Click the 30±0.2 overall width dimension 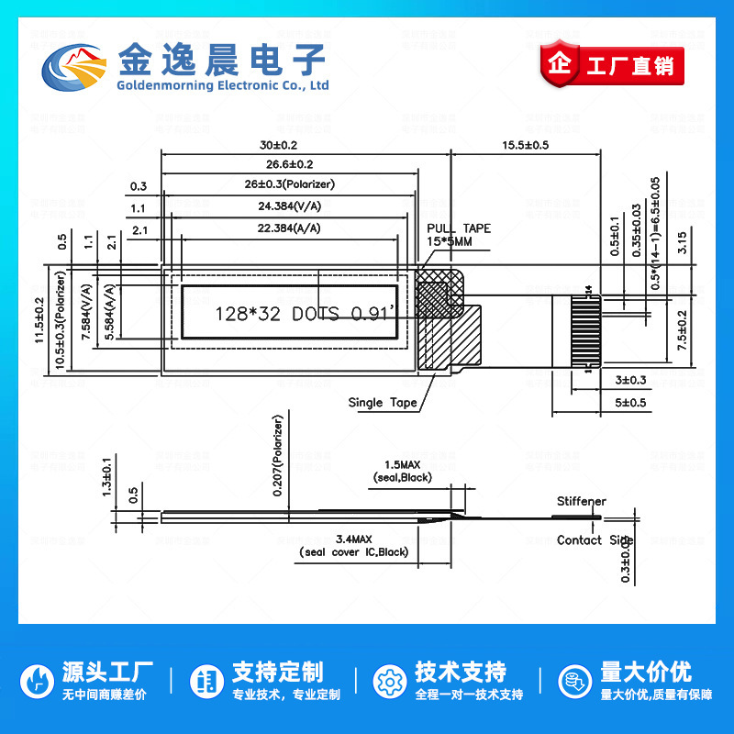tap(279, 145)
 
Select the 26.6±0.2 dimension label tap(289, 164)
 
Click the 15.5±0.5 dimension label tap(525, 145)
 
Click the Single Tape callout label tap(383, 402)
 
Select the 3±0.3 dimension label tap(630, 380)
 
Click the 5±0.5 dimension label tap(630, 402)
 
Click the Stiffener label tap(582, 502)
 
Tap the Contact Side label tap(595, 540)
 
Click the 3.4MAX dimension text tap(353, 539)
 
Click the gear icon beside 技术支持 tap(389, 682)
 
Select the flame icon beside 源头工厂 tap(38, 682)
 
